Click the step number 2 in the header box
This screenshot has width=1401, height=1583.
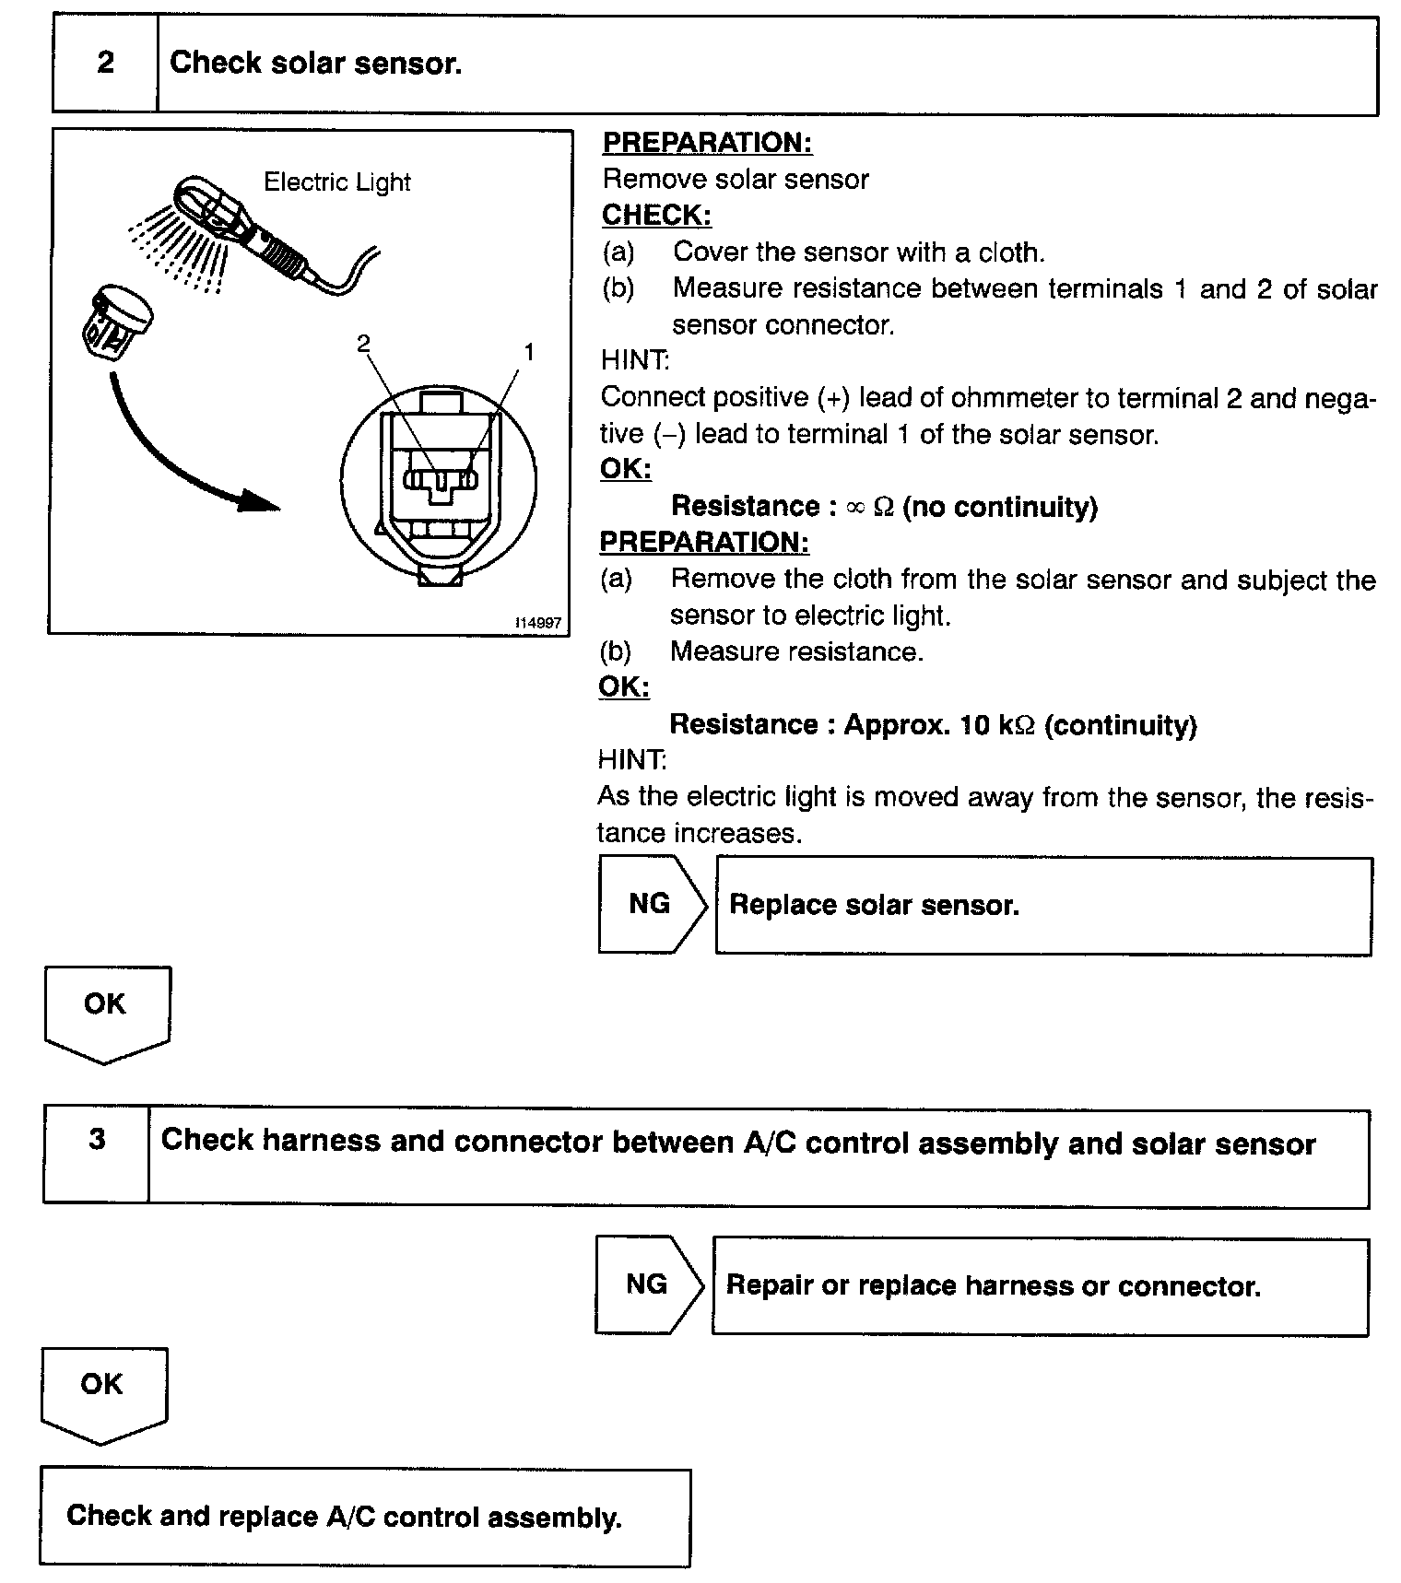click(x=105, y=63)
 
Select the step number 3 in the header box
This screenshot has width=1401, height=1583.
click(x=97, y=1140)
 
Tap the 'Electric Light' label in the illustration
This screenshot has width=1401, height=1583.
click(x=336, y=182)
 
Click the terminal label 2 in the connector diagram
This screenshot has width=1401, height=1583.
click(x=363, y=344)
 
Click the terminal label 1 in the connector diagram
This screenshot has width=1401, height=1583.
click(x=529, y=352)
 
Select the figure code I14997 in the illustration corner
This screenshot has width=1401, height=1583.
click(x=538, y=623)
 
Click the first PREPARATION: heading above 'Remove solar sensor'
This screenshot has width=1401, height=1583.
click(x=707, y=143)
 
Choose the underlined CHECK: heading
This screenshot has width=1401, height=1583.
click(x=656, y=215)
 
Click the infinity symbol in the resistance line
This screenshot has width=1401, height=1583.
click(x=855, y=507)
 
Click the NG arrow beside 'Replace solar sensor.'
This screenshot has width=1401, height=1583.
click(x=651, y=904)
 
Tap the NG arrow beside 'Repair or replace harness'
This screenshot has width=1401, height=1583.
click(x=647, y=1284)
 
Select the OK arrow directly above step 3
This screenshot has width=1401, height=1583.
click(x=105, y=1010)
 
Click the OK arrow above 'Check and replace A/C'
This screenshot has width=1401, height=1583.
click(x=102, y=1390)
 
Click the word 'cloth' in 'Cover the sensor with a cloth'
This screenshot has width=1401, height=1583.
click(x=1010, y=252)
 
